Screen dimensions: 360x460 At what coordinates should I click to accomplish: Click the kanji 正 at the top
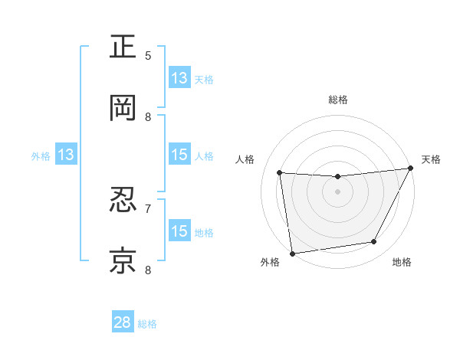(123, 47)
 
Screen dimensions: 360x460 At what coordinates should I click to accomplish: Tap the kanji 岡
(123, 108)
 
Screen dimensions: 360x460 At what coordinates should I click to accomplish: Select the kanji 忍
(123, 201)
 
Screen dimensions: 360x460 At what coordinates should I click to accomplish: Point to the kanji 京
(123, 261)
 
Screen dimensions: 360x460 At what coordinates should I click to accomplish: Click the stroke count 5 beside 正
(149, 55)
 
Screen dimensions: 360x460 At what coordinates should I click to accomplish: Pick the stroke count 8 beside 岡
(149, 116)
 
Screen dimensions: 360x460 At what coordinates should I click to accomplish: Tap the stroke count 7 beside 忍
(149, 208)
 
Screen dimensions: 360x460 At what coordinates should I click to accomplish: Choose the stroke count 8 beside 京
(149, 270)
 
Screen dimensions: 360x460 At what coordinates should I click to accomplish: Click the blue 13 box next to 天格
(179, 78)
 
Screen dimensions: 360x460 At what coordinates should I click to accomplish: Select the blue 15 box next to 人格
(179, 155)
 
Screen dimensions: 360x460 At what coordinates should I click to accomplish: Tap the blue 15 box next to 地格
(179, 231)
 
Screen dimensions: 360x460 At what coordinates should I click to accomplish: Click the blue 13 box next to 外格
(66, 155)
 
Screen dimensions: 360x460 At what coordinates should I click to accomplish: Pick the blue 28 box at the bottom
(123, 322)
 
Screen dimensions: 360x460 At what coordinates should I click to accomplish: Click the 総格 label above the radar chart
(338, 100)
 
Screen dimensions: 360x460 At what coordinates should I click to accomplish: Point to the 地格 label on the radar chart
(402, 263)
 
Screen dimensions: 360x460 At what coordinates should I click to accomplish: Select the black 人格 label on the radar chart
(245, 159)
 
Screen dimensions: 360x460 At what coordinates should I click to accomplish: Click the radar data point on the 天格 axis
(410, 169)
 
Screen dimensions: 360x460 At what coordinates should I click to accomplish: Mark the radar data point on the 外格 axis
(292, 253)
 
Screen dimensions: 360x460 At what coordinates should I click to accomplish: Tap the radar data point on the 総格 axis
(337, 177)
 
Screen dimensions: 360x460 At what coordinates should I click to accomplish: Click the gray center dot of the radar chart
(337, 191)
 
